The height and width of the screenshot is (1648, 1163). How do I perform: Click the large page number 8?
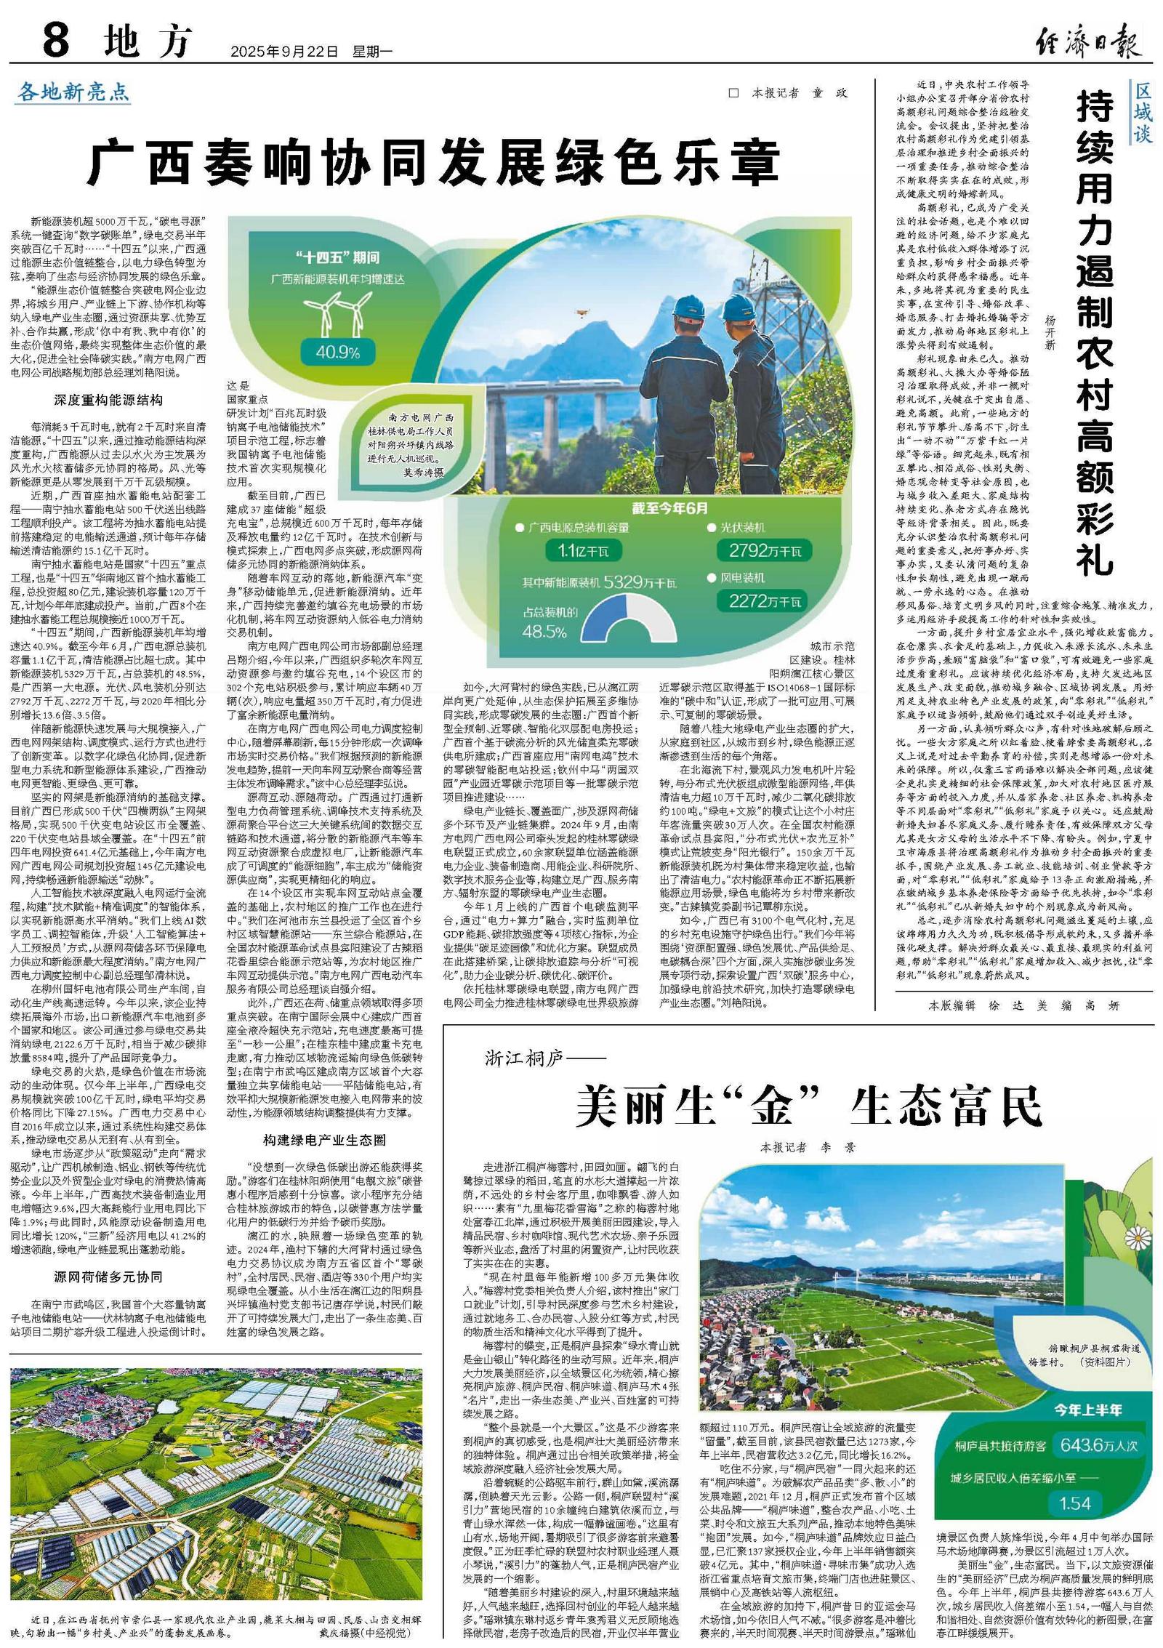pos(56,40)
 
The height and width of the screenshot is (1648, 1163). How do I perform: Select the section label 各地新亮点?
pos(73,92)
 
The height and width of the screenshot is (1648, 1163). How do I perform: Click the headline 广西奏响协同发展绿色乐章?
pos(433,163)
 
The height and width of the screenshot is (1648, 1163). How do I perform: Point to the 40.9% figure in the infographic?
pos(338,353)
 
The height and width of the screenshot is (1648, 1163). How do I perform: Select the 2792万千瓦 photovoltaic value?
pos(760,551)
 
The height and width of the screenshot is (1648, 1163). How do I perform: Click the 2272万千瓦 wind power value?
pos(760,600)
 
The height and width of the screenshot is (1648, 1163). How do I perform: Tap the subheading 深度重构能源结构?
pos(108,400)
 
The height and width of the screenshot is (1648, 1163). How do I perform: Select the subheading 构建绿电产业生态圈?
pos(324,1139)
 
